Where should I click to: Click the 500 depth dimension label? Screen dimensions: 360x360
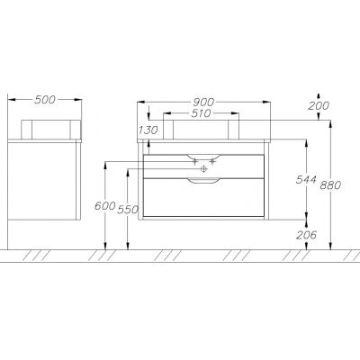tap(45, 100)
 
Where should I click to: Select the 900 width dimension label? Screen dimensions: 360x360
tap(203, 103)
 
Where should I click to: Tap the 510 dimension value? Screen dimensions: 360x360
tap(201, 113)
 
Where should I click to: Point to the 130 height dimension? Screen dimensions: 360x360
tap(148, 130)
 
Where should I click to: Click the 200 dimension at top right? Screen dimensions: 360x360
tap(319, 105)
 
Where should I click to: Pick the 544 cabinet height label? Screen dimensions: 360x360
tap(306, 179)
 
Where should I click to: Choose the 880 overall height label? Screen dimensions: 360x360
tap(330, 185)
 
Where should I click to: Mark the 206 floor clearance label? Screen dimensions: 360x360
tap(306, 235)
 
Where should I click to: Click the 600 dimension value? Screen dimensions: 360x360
tap(105, 206)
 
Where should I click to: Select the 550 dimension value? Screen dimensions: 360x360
tap(128, 210)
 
